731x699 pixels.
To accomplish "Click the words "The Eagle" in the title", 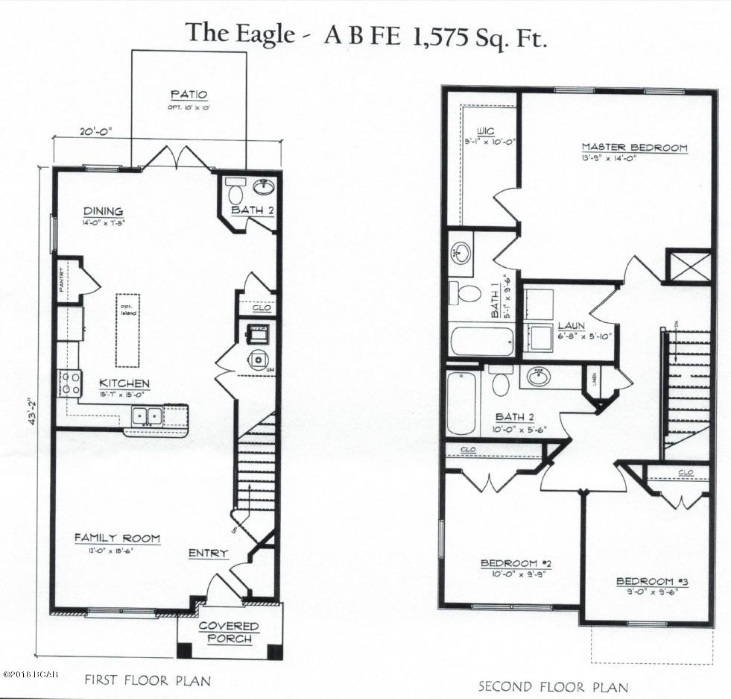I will click(239, 34).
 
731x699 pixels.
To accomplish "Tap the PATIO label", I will click(189, 95).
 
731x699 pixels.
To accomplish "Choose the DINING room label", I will click(104, 212).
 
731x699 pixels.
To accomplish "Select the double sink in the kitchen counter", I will click(146, 415).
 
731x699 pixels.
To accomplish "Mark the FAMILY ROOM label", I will click(116, 538).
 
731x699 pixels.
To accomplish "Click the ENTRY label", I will click(208, 553).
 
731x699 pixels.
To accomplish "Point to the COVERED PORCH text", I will click(229, 633).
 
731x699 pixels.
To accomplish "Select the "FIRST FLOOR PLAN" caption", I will click(147, 680).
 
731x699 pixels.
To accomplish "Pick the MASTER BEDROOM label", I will click(634, 148).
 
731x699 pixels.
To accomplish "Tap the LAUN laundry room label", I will click(571, 326).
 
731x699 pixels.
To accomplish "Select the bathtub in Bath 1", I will click(482, 340).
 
